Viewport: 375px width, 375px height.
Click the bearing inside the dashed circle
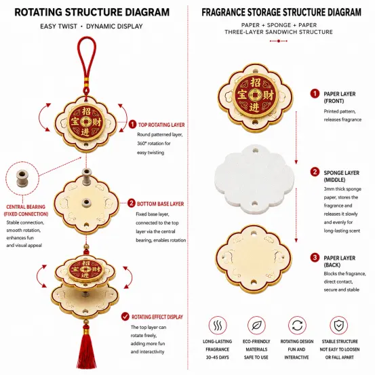click(x=22, y=178)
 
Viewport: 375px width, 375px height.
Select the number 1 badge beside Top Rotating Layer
click(x=132, y=124)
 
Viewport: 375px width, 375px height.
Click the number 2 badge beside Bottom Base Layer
click(x=132, y=203)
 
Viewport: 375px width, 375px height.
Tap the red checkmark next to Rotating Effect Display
click(x=125, y=317)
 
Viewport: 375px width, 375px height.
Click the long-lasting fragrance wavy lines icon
click(x=218, y=325)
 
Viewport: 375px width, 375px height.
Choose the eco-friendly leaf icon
click(x=256, y=325)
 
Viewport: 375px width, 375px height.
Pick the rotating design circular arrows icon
click(x=297, y=325)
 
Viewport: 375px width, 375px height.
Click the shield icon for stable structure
click(x=339, y=325)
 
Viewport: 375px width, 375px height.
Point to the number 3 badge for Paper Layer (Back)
click(x=315, y=258)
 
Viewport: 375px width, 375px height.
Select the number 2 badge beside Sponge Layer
click(x=315, y=172)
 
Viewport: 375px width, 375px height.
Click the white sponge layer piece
click(x=254, y=179)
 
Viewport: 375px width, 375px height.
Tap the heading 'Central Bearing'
click(x=26, y=207)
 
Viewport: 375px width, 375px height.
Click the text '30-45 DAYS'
click(x=218, y=357)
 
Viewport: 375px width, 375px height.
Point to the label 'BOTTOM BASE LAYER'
click(x=160, y=203)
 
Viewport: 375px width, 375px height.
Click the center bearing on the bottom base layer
click(x=86, y=203)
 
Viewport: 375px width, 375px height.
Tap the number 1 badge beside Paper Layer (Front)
click(x=315, y=94)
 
